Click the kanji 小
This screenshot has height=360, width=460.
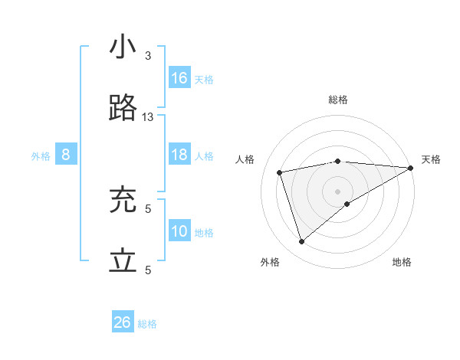pyautogui.click(x=123, y=47)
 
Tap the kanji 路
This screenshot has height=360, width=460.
pyautogui.click(x=123, y=109)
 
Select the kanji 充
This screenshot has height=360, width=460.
pyautogui.click(x=123, y=201)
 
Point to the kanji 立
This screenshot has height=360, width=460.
pyautogui.click(x=123, y=262)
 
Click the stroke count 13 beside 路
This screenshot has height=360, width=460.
pyautogui.click(x=148, y=116)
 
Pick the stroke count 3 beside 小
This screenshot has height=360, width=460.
pyautogui.click(x=148, y=55)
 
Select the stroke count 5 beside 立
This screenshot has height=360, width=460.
pyautogui.click(x=148, y=270)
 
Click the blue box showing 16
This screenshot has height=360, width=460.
pyautogui.click(x=179, y=78)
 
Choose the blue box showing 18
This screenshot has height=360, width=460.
pyautogui.click(x=179, y=155)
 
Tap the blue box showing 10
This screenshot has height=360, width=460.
pyautogui.click(x=179, y=231)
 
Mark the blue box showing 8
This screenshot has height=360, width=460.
pyautogui.click(x=66, y=155)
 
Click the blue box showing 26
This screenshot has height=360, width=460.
pyautogui.click(x=123, y=322)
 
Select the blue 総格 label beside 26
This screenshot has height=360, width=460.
pyautogui.click(x=147, y=324)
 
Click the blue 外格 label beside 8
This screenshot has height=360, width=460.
pyautogui.click(x=41, y=156)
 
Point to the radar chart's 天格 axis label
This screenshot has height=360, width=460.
pyautogui.click(x=431, y=159)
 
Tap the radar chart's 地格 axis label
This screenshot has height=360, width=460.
pyautogui.click(x=402, y=262)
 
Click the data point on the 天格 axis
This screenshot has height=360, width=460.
pyautogui.click(x=410, y=168)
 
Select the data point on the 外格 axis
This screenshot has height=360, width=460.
pyautogui.click(x=301, y=242)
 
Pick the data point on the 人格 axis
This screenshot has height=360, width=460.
pyautogui.click(x=280, y=172)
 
